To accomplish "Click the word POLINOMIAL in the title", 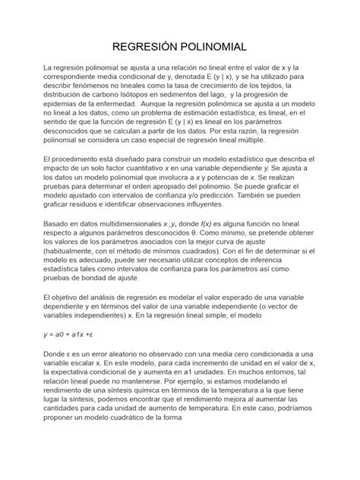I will click(x=212, y=47).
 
